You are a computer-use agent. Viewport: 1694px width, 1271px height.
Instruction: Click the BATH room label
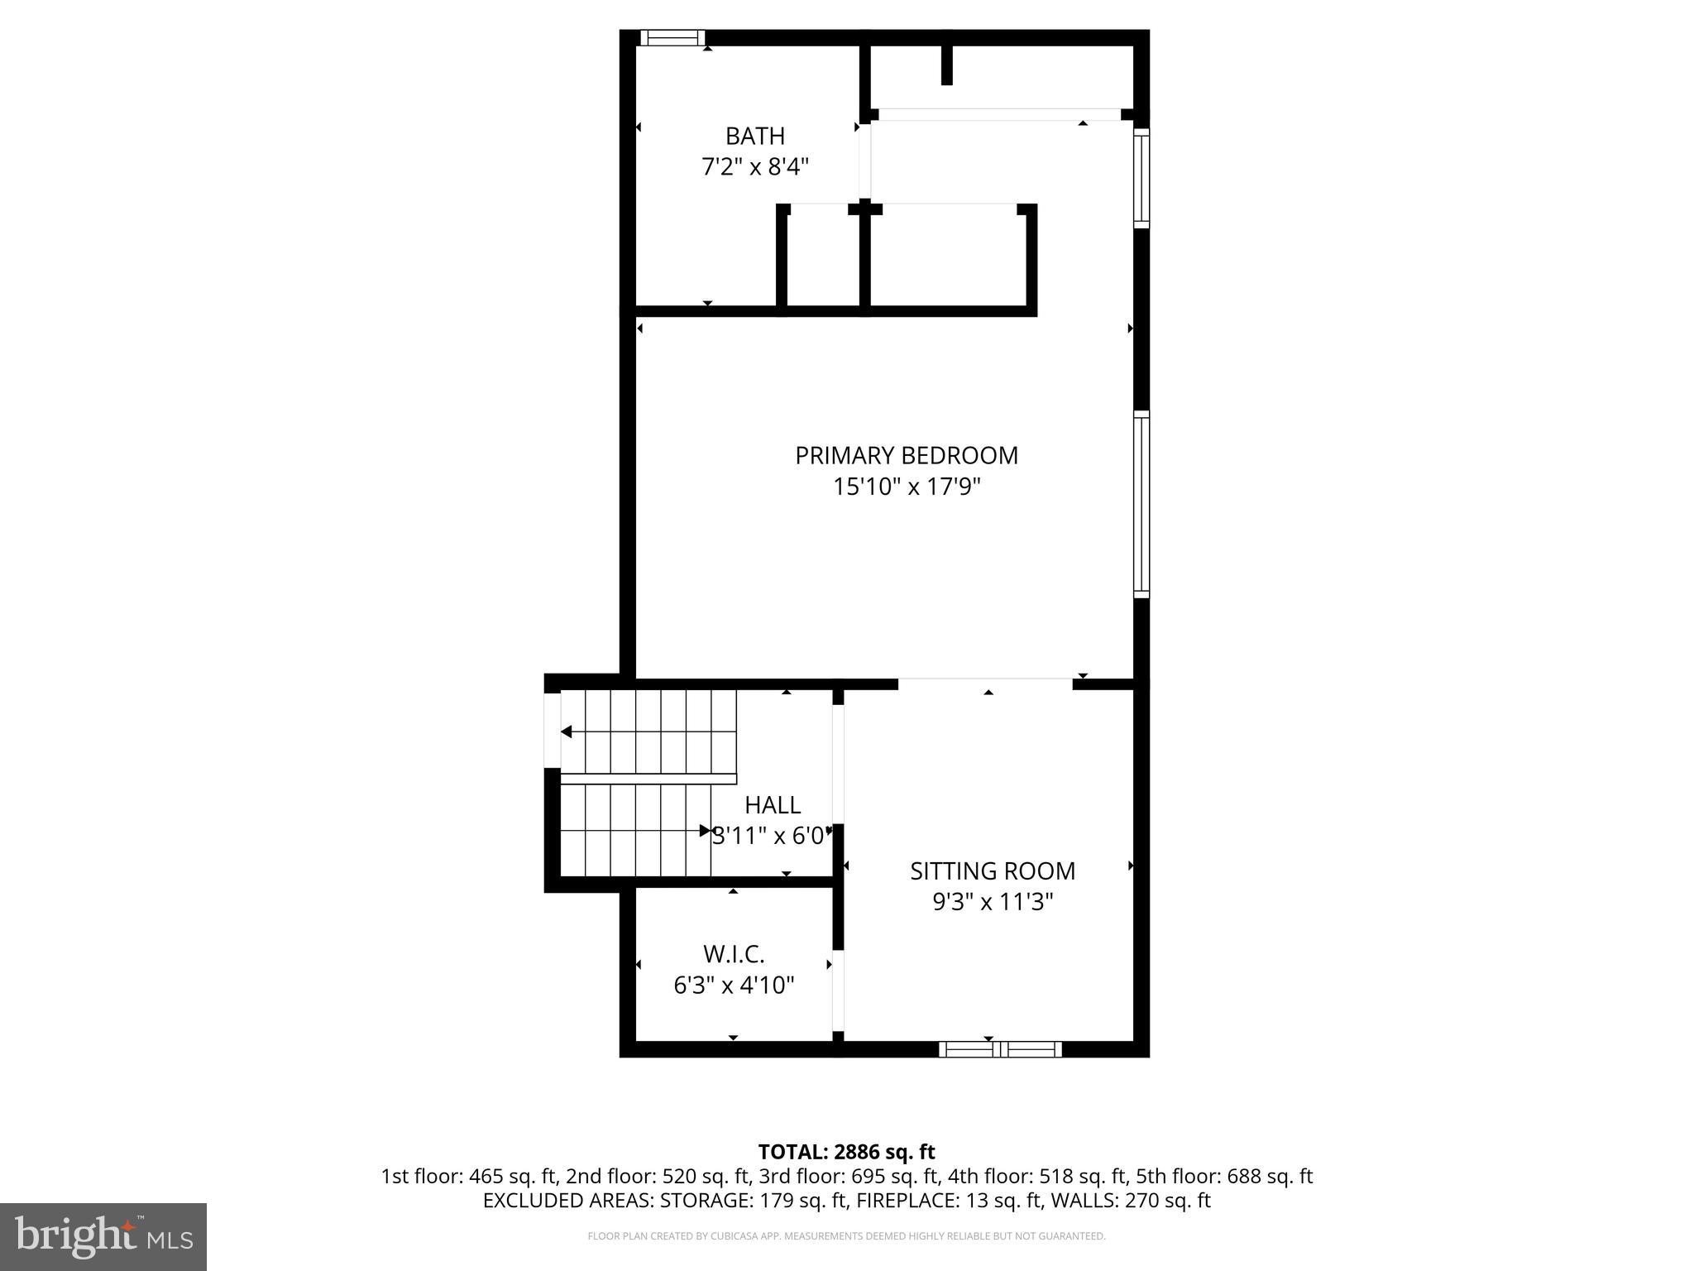coord(754,136)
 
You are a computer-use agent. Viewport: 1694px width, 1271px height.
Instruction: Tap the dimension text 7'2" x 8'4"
coord(754,167)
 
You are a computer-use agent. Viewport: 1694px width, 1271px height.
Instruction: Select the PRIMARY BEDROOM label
coord(906,455)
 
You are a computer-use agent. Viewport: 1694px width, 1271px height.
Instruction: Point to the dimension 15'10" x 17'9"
coord(906,487)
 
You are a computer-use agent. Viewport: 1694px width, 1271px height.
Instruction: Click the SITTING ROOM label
coord(992,871)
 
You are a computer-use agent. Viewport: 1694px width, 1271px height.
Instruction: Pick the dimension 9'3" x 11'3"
coord(992,901)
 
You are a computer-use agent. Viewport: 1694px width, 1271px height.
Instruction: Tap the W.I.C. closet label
coord(733,954)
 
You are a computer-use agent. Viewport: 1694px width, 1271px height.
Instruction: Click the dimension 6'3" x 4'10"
coord(733,985)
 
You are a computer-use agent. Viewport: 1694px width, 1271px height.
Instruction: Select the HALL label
coord(772,805)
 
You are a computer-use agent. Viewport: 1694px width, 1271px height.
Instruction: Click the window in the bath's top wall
coord(672,37)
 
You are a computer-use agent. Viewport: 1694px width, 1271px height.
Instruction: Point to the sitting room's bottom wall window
coord(1000,1049)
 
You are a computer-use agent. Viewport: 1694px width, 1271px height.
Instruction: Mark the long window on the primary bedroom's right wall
coord(1141,504)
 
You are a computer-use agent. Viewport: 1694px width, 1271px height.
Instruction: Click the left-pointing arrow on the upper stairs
coord(567,731)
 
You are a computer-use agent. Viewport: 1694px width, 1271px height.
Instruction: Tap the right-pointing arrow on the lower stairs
coord(705,830)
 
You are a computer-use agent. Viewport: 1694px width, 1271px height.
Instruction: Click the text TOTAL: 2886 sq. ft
coord(846,1152)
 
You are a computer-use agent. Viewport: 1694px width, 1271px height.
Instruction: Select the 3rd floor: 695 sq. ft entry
coord(849,1176)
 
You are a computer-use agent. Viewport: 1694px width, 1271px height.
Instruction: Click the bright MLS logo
coord(103,1236)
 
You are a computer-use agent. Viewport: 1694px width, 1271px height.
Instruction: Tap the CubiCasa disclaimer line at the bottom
coord(846,1236)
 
